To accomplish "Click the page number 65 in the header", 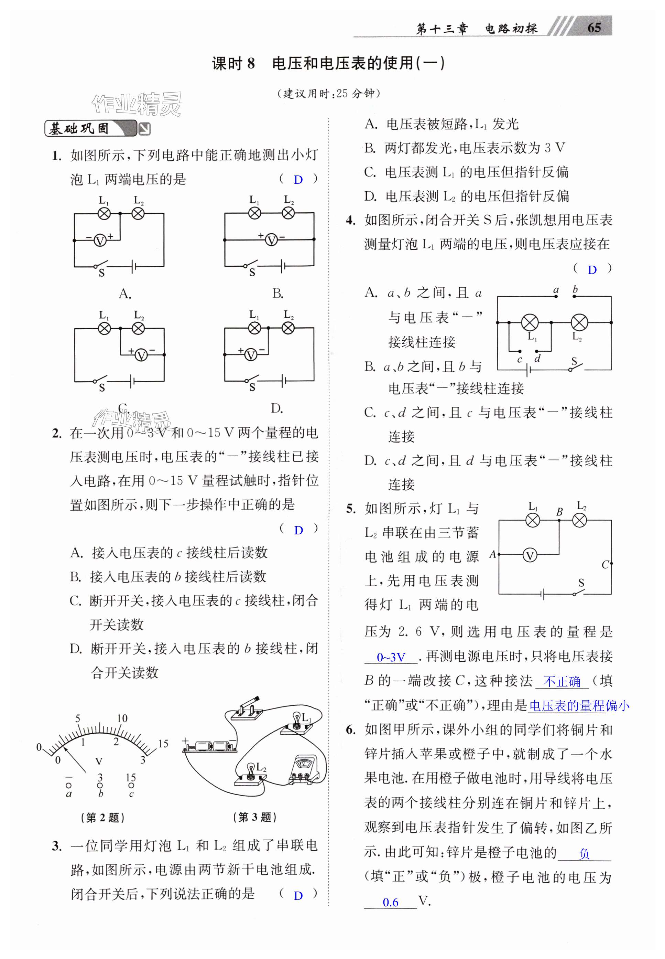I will coord(594,28).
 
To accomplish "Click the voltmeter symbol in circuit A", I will coord(100,240).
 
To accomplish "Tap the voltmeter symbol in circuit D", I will coord(250,355).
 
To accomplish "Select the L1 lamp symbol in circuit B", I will coord(254,213).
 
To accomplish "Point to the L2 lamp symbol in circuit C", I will coord(138,329).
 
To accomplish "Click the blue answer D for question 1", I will coord(298,180).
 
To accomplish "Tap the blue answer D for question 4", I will coord(592,270).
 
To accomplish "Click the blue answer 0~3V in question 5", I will coord(390,658).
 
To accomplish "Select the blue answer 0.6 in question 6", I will coord(390,902).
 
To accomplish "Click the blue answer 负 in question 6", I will coord(584,854).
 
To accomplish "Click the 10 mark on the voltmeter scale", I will coord(122,718).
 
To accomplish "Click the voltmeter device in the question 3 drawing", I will coord(307,770).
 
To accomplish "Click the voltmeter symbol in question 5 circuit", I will coord(530,555).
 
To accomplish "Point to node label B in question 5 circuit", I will coord(559,512).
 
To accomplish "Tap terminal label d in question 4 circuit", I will coord(537,358).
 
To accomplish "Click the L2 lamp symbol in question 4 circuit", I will coord(579,322).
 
